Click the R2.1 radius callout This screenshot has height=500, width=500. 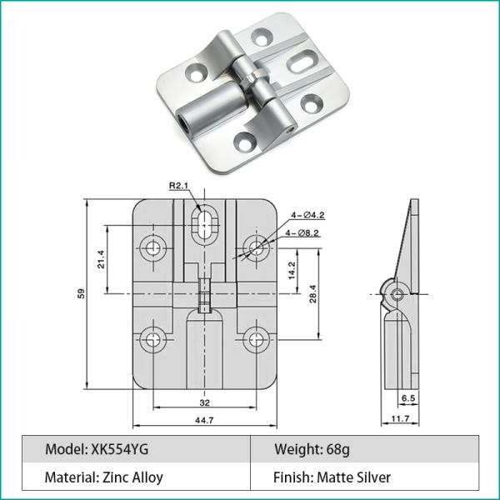[179, 186]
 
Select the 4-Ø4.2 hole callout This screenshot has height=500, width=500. [309, 216]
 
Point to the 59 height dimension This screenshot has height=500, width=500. [82, 292]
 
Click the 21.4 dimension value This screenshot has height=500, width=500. [101, 259]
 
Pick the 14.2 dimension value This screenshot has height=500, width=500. [292, 270]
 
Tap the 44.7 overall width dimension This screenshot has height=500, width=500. [205, 420]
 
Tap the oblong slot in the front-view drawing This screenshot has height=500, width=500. [204, 223]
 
